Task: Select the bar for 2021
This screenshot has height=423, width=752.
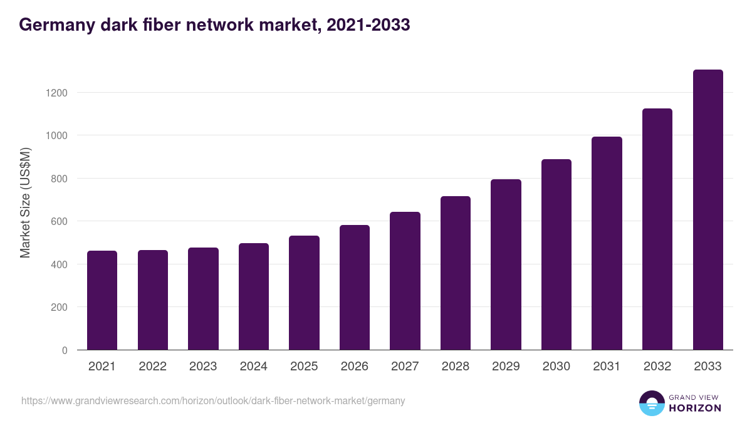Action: coord(102,300)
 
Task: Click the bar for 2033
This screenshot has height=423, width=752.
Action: coord(708,210)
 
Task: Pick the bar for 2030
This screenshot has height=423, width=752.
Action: coord(556,254)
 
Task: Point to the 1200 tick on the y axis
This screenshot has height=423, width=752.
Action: coord(56,93)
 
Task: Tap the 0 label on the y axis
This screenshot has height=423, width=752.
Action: coord(64,350)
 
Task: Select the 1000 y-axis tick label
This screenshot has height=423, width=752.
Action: coord(56,135)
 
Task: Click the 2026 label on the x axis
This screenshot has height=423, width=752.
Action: coord(355,367)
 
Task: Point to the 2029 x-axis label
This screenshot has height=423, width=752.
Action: coord(506,367)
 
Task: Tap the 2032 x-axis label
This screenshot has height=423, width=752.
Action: coord(657,367)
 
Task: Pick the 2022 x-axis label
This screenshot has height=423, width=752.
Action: coord(152,367)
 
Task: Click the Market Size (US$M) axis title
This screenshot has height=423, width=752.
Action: coord(25,202)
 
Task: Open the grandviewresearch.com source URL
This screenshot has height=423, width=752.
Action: coord(213,400)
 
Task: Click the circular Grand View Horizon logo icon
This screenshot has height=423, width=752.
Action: coord(651,403)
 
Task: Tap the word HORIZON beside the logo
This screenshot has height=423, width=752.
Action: coord(694,408)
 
